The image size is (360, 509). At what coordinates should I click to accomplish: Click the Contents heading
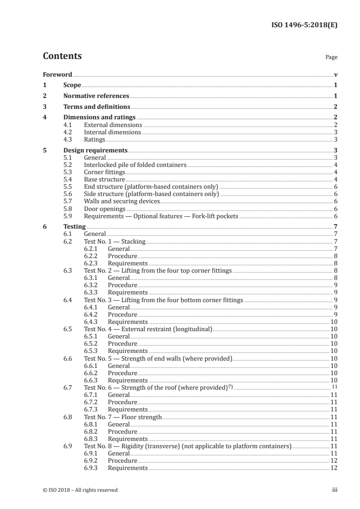[62, 56]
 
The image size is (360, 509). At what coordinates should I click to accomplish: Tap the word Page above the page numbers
[331, 58]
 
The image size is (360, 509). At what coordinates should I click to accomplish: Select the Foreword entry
[57, 74]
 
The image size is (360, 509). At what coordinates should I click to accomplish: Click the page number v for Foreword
[335, 74]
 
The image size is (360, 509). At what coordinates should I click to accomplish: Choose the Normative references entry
[96, 96]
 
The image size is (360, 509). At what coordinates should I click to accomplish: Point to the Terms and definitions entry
[97, 107]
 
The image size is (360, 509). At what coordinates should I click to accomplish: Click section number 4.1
[68, 125]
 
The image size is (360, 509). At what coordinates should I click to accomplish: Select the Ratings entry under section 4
[94, 140]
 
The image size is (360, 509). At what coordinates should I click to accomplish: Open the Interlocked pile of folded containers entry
[135, 165]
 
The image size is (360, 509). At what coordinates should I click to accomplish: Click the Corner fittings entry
[104, 172]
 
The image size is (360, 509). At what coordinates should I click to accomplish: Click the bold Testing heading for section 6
[74, 227]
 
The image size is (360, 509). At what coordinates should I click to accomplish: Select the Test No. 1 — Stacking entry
[115, 242]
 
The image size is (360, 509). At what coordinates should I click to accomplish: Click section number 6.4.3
[92, 322]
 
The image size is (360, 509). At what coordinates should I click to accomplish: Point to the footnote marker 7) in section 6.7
[230, 387]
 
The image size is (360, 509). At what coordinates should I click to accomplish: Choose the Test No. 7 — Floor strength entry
[123, 417]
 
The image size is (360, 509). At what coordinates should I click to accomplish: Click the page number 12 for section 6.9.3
[334, 468]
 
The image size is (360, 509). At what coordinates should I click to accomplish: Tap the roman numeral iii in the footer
[335, 490]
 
